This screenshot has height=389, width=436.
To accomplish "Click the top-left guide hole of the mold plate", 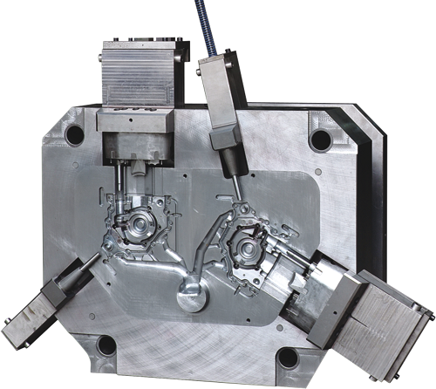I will (75, 134).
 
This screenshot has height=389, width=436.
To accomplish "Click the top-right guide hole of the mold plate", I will (321, 139).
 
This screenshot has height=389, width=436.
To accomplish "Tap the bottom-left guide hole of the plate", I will (106, 345).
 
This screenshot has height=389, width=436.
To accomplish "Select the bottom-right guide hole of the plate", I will (288, 358).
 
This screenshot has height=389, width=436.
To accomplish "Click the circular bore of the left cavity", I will (140, 229).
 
